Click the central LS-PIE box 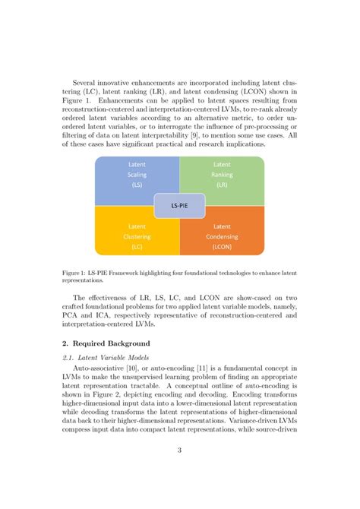click(x=179, y=205)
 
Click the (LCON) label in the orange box click(x=222, y=246)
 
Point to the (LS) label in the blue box click(x=137, y=184)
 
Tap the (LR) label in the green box click(x=222, y=184)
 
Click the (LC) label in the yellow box click(x=137, y=246)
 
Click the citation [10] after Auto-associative click(x=141, y=369)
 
